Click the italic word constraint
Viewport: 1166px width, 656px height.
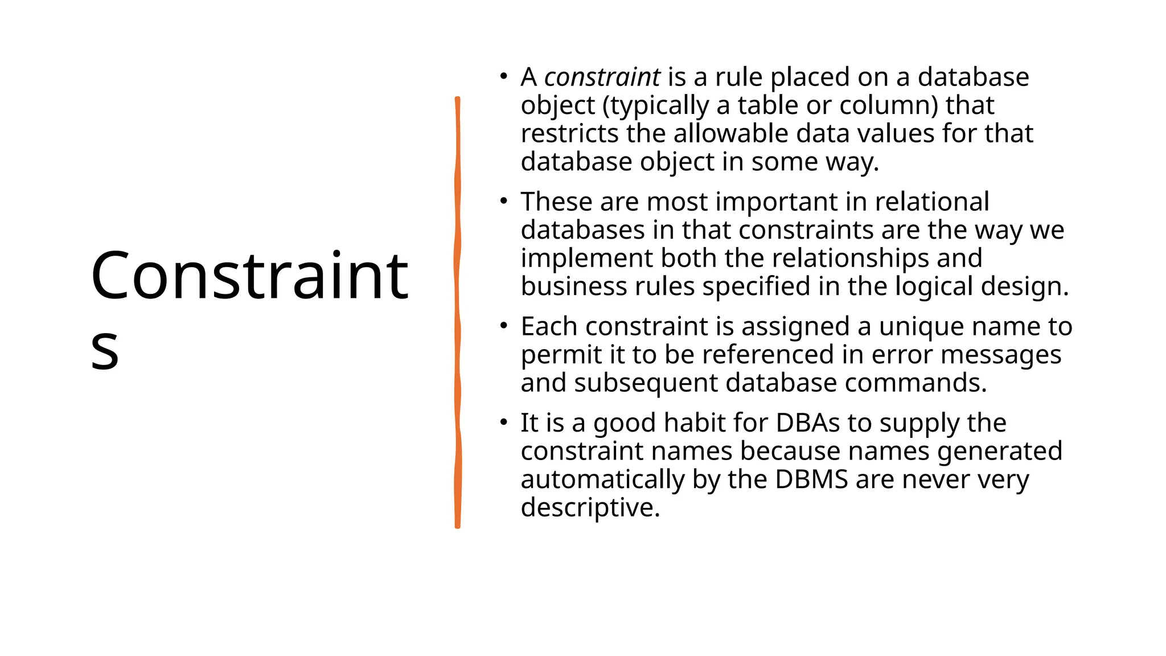click(x=602, y=77)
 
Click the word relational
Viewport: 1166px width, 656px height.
click(x=932, y=202)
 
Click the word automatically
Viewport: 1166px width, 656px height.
click(x=602, y=479)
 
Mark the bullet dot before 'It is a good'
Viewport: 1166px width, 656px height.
click(x=503, y=422)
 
